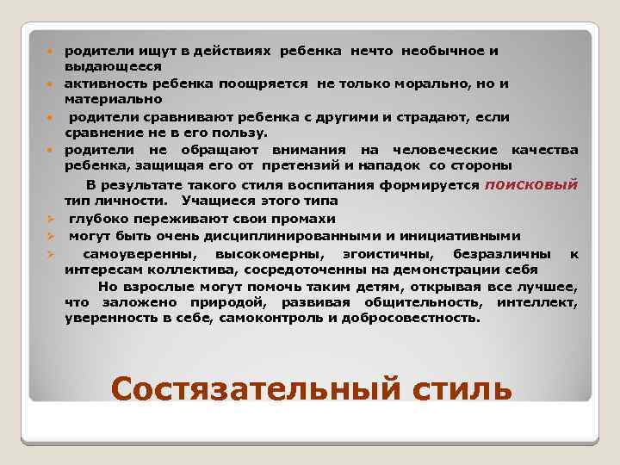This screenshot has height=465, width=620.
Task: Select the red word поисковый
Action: click(531, 184)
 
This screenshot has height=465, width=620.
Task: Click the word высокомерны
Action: click(270, 253)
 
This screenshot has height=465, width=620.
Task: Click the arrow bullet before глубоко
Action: click(52, 220)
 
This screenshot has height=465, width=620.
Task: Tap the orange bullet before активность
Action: click(52, 84)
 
